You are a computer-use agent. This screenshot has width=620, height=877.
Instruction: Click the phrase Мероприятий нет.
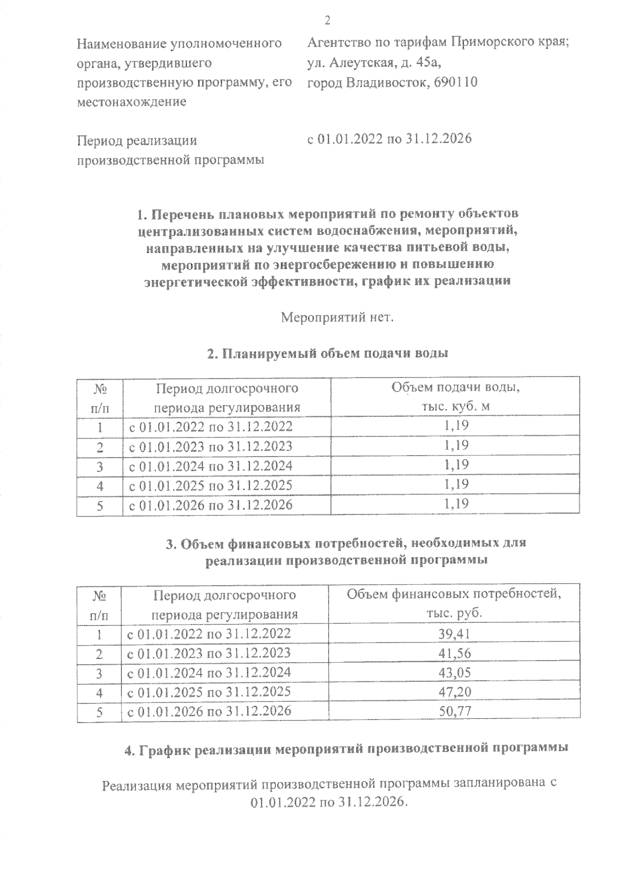(x=337, y=318)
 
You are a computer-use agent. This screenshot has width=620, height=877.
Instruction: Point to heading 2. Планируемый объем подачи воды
(x=327, y=354)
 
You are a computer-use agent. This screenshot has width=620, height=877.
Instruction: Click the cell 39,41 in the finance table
(x=455, y=635)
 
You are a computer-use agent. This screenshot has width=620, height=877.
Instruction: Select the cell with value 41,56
(x=455, y=654)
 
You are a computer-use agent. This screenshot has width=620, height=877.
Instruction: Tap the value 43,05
(x=455, y=673)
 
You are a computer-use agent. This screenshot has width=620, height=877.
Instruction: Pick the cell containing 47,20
(x=455, y=692)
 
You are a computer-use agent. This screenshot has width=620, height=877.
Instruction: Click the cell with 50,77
(x=455, y=711)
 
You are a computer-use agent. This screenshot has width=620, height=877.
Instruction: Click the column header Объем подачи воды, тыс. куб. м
(x=455, y=397)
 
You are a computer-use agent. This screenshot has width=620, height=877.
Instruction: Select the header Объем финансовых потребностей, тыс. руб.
(x=454, y=604)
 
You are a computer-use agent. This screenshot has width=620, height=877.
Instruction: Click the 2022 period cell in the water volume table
(x=210, y=427)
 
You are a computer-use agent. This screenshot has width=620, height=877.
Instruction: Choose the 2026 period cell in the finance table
(x=209, y=711)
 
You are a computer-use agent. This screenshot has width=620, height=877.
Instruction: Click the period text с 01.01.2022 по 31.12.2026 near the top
(x=390, y=139)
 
